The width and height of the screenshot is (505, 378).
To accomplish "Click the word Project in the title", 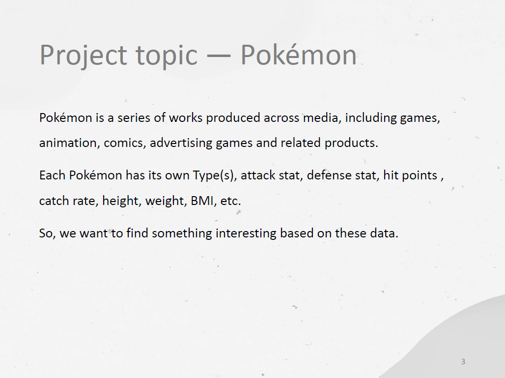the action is click(x=83, y=56).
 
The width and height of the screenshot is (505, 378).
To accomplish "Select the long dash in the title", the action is click(x=219, y=56).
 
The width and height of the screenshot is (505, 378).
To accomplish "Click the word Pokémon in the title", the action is click(x=299, y=54).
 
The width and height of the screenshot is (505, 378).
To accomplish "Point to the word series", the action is click(x=134, y=117).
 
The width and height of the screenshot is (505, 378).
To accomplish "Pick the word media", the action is click(x=322, y=117).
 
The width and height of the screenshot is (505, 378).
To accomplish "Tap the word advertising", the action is click(x=181, y=143).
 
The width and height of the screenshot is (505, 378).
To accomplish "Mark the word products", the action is click(x=351, y=143).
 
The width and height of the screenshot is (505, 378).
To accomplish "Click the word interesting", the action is click(x=246, y=233).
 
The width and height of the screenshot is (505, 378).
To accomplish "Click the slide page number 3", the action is click(x=463, y=362).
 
